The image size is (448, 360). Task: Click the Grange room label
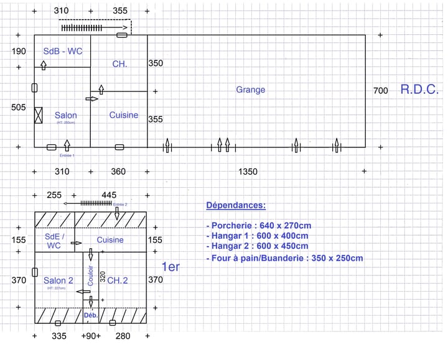pos(250,90)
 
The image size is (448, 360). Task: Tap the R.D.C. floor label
pos(419,89)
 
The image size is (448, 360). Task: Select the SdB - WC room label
pos(62,51)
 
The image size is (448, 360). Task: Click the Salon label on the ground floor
pos(66,115)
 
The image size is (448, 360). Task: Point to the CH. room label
pos(119,64)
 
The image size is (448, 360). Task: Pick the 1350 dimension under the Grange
pos(248,172)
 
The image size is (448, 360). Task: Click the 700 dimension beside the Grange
pos(380,91)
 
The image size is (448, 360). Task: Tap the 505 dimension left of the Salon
pos(19,108)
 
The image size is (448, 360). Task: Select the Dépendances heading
pos(236,206)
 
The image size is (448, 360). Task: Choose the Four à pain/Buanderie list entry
pos(284,258)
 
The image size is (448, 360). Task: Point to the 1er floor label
pos(170,267)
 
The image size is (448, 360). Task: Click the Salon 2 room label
pos(58,280)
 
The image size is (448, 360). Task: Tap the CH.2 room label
pos(118,280)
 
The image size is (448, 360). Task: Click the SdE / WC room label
pos(54,241)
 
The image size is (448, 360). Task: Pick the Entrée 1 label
pos(67,155)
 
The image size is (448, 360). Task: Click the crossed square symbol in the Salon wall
pos(39,115)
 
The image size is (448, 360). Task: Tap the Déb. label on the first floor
pos(90,316)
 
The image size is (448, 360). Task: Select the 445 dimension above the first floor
pos(109,195)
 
